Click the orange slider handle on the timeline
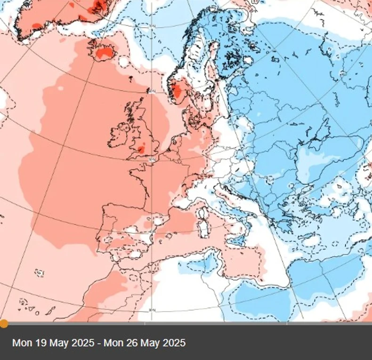coord(3,323)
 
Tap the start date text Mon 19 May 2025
coord(53,343)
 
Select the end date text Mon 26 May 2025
coord(145,343)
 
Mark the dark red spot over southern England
coord(141,150)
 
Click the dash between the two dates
coord(99,343)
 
